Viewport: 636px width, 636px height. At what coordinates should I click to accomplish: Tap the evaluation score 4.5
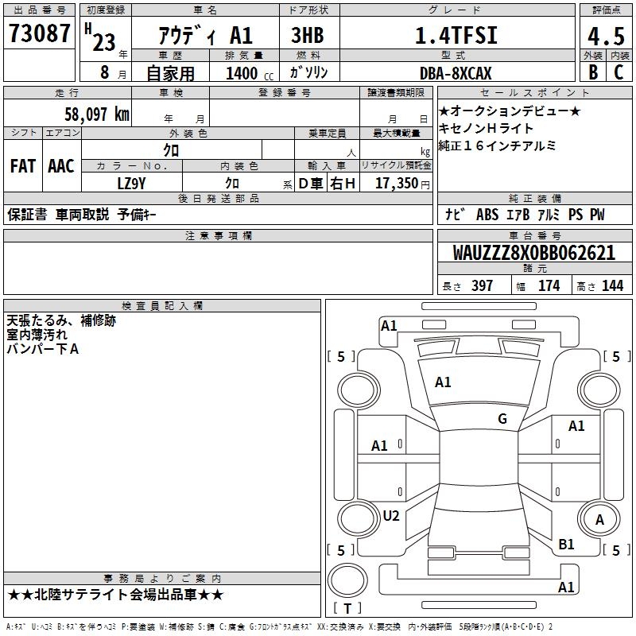point(604,37)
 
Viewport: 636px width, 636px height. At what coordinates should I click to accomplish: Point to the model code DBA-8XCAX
point(456,73)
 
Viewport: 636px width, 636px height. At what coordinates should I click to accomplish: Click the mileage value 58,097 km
point(96,114)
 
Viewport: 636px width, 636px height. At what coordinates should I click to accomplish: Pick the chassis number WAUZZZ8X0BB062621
point(533,253)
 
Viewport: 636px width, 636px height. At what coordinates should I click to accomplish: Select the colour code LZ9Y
point(131,184)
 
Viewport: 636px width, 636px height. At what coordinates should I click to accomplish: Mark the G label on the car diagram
point(502,419)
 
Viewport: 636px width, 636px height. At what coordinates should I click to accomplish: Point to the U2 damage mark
point(391,516)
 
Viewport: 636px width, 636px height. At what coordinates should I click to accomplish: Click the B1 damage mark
point(566,545)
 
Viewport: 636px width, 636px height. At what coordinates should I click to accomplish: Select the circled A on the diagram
point(600,520)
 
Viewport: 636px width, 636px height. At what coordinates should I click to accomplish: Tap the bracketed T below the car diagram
point(347,608)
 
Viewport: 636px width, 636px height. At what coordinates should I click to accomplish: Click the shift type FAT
point(22,166)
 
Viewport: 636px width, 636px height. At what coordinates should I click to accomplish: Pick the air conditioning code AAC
point(61,166)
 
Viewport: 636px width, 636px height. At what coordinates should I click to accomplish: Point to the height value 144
point(612,286)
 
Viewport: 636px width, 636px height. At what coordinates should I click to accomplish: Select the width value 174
point(549,286)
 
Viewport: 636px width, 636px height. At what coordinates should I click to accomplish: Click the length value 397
point(482,286)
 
